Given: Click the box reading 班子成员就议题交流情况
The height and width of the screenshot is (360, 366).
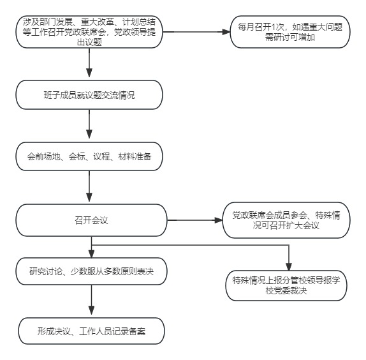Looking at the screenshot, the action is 89,95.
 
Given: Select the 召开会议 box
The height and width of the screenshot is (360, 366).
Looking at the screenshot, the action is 91,220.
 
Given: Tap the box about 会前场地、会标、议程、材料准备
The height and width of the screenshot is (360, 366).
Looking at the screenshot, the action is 89,156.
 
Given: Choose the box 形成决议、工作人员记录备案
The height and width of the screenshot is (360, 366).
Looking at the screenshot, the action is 91,331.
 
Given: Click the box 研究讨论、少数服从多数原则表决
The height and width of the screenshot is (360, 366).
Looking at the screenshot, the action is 91,271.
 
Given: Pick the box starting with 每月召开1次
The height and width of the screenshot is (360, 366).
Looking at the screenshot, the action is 290,32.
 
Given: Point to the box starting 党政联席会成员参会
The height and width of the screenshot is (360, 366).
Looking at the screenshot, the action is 286,220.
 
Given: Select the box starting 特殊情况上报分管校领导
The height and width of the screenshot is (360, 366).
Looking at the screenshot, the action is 286,285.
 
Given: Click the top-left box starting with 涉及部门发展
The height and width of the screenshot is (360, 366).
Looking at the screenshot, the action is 89,32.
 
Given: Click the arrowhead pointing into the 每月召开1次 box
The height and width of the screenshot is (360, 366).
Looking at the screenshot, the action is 226,32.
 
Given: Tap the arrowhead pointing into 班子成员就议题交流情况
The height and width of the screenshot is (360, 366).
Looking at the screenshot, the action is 89,73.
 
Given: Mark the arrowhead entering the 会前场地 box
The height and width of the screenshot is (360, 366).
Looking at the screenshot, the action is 89,134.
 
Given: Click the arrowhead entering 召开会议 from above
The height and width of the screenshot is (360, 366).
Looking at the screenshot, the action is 89,197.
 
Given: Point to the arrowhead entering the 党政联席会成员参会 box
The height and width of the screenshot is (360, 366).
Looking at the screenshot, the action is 219,220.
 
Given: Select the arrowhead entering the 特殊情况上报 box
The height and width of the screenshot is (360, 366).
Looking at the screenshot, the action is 289,267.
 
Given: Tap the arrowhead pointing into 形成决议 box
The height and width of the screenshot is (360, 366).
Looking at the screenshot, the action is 91,310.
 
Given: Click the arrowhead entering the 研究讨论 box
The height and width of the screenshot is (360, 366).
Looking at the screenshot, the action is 91,254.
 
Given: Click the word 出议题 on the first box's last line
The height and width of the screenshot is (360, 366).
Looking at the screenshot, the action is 89,42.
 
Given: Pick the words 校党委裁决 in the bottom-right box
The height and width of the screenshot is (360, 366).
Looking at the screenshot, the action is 286,291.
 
